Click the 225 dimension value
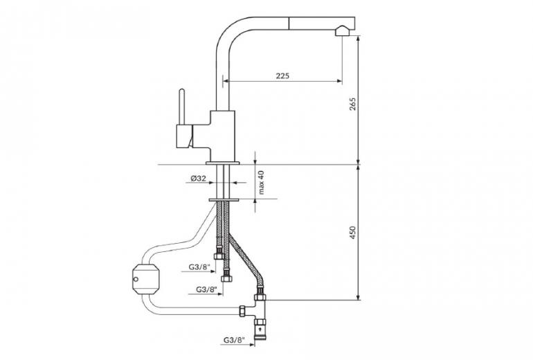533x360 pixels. [282, 75]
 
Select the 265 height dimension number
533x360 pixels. [352, 104]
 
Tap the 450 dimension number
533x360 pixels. [352, 233]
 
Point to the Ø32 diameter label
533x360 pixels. [198, 178]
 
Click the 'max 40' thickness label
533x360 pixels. [261, 183]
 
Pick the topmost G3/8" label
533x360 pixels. [200, 267]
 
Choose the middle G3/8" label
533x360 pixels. [207, 289]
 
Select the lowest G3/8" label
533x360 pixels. [234, 340]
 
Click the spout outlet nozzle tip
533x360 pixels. [341, 31]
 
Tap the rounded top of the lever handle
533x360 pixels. [182, 91]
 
